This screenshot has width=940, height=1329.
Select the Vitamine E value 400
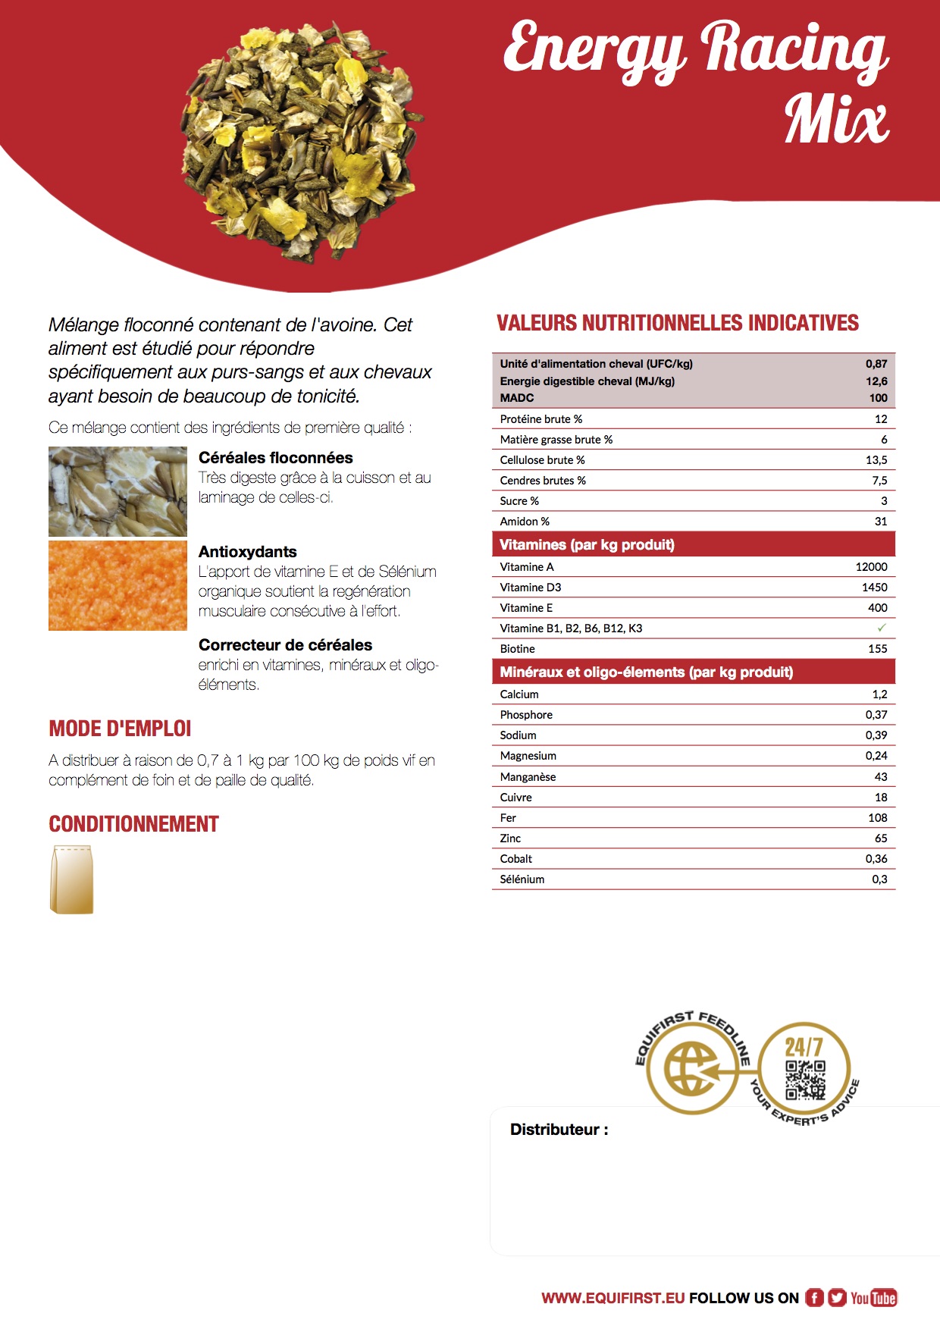click(x=877, y=608)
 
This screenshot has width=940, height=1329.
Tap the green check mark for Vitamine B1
click(x=881, y=628)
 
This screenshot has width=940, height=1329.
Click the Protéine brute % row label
click(x=540, y=419)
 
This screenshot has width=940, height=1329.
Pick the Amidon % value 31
click(x=880, y=522)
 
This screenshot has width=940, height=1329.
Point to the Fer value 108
click(x=877, y=818)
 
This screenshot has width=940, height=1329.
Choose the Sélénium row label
click(x=522, y=879)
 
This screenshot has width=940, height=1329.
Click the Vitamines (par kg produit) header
click(x=587, y=544)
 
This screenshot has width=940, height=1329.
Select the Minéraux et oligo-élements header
click(x=646, y=672)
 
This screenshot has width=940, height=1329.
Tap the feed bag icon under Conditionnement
click(x=71, y=879)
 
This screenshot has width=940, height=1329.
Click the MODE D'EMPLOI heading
click(x=120, y=729)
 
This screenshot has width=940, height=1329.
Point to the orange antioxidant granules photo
click(x=117, y=585)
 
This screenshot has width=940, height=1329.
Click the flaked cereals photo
click(x=117, y=491)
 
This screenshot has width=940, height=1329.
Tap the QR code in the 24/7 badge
click(x=804, y=1080)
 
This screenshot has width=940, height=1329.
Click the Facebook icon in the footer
click(x=814, y=1298)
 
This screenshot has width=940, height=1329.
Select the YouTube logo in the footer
click(x=873, y=1298)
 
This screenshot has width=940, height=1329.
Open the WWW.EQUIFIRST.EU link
click(x=613, y=1298)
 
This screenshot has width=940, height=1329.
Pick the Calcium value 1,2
click(x=879, y=694)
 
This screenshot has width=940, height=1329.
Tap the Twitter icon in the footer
click(x=837, y=1298)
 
